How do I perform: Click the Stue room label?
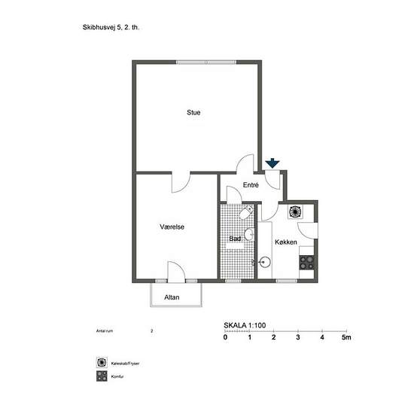click(x=193, y=112)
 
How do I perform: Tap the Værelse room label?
click(x=172, y=227)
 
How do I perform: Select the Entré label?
click(x=251, y=185)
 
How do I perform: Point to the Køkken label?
click(x=286, y=242)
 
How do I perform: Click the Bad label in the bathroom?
click(x=235, y=239)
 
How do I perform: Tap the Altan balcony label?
click(x=172, y=297)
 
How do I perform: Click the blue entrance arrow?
click(x=272, y=163)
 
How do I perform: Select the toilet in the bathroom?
click(x=246, y=213)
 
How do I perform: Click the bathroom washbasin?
click(x=249, y=234)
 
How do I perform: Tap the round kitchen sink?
click(x=264, y=262)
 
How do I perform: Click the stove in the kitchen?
click(x=306, y=263)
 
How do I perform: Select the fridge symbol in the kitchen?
click(x=295, y=212)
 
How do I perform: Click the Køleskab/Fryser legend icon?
click(x=102, y=362)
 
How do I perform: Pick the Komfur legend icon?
click(x=102, y=376)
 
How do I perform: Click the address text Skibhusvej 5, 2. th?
click(x=111, y=27)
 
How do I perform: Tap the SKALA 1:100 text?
click(x=245, y=325)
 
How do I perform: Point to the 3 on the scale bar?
click(x=298, y=337)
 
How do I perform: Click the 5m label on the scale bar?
click(x=346, y=337)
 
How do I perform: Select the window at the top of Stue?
click(x=206, y=62)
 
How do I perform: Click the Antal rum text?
click(x=105, y=331)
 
